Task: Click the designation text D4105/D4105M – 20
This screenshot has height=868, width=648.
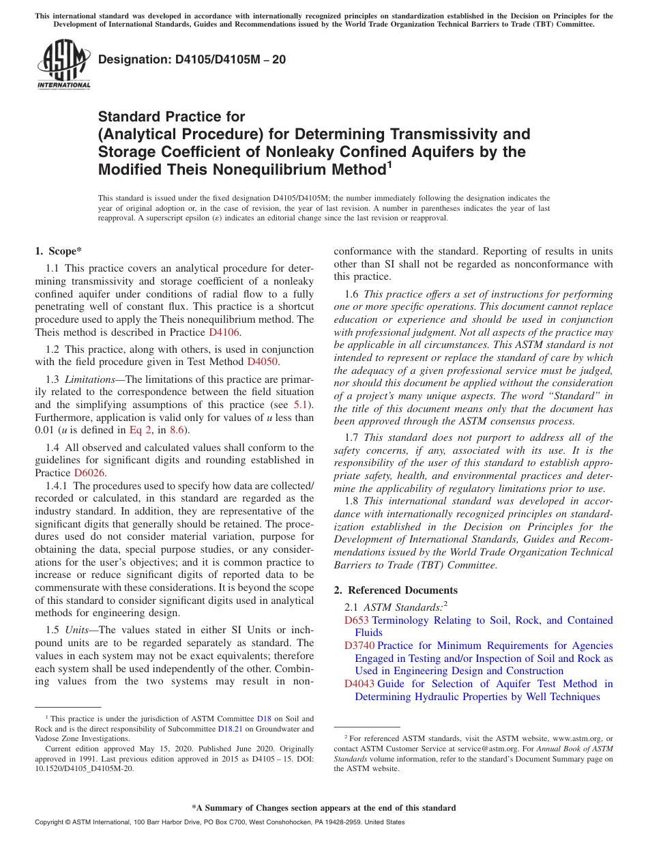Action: [x=192, y=60]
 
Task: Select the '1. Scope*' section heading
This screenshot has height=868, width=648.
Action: [x=59, y=251]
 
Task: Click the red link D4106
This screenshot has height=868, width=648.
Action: [x=224, y=332]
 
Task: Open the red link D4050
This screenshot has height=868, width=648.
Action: [x=263, y=362]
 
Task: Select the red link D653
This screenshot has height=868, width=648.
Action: [x=356, y=620]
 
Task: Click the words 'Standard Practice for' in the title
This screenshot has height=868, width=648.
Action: [x=171, y=117]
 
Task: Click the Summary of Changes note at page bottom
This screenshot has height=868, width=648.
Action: [x=323, y=808]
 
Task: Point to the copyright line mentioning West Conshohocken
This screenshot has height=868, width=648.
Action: [x=219, y=822]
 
